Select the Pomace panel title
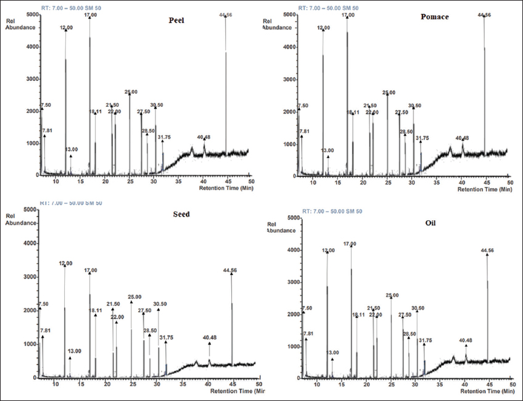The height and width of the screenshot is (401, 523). (435, 17)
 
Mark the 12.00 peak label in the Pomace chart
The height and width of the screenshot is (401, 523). (324, 28)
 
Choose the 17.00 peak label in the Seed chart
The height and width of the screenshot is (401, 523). (90, 270)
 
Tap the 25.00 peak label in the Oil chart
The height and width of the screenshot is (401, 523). (392, 296)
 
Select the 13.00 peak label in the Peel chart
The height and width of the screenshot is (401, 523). (72, 149)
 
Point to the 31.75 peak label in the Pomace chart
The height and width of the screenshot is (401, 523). (423, 139)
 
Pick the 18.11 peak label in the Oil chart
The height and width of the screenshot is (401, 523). (359, 315)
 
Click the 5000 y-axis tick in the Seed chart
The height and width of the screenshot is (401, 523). (27, 210)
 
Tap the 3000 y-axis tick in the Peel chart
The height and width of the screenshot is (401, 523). (29, 79)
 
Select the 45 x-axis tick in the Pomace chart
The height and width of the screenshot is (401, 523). (485, 182)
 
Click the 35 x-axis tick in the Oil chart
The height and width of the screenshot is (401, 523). (439, 384)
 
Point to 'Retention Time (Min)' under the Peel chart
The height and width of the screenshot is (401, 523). (226, 188)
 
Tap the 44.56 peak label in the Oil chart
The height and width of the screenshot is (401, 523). (487, 250)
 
